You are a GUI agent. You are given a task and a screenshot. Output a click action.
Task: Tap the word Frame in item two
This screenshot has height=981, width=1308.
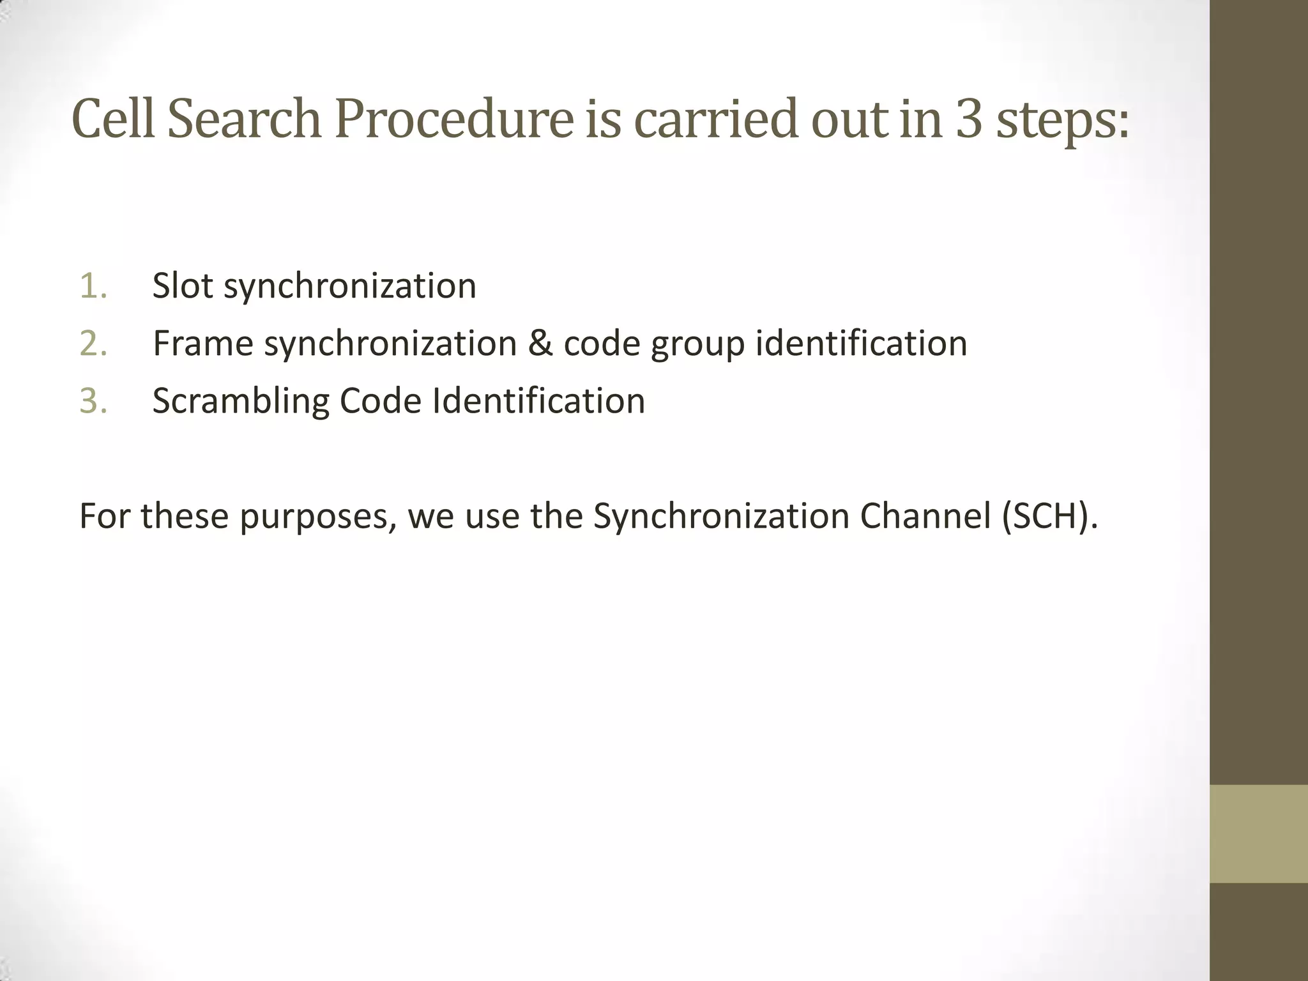[203, 344]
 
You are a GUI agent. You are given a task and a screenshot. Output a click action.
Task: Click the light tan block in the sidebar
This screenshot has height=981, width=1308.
[1258, 833]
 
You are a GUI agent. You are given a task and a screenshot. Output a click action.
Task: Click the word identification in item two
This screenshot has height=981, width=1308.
[862, 344]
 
